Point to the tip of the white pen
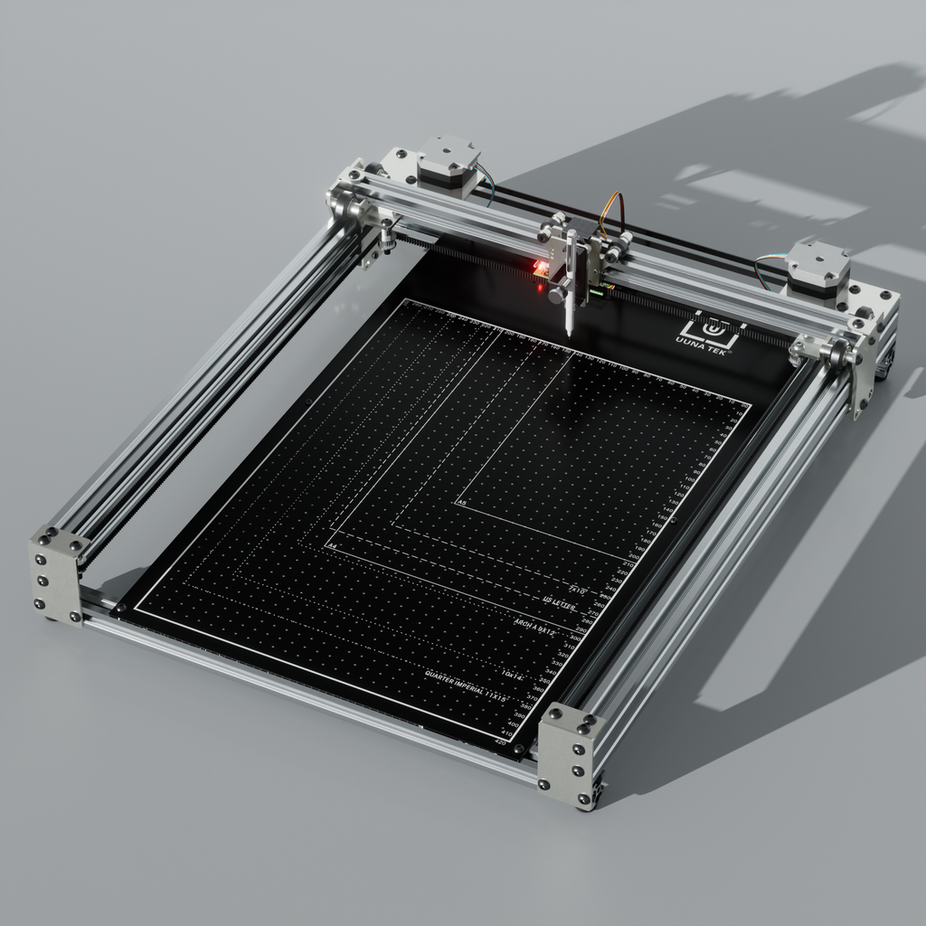[569, 334]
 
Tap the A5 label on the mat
[462, 502]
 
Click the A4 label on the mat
[332, 547]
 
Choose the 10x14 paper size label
[513, 675]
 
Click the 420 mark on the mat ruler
[501, 742]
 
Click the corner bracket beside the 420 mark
[568, 754]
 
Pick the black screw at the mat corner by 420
[517, 750]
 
